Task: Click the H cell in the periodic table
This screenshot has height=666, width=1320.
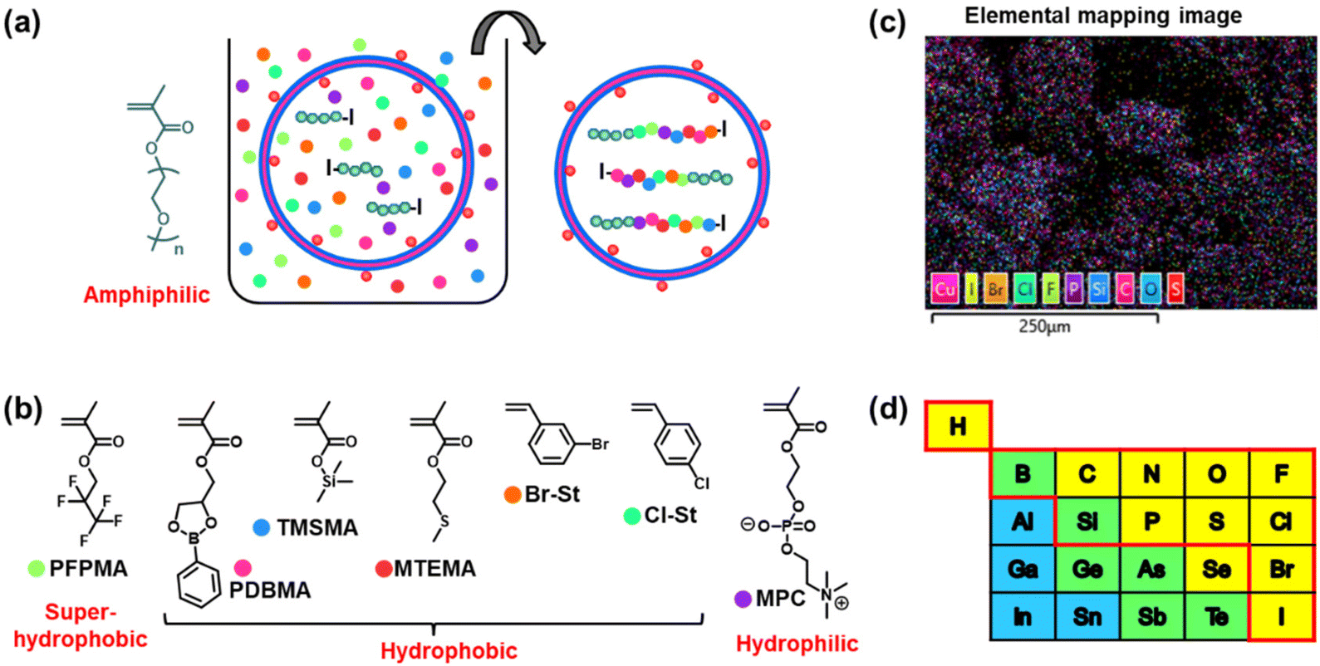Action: tap(958, 427)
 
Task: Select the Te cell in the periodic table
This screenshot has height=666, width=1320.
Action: tap(1216, 617)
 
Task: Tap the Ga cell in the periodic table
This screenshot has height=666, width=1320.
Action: tap(1023, 570)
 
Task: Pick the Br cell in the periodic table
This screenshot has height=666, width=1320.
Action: tap(1281, 570)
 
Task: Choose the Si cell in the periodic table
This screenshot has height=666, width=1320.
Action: tap(1087, 522)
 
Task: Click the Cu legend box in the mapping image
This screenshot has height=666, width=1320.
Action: tap(945, 288)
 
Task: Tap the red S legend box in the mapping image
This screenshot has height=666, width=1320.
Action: tap(1175, 288)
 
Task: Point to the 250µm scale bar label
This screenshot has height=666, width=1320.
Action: tap(1044, 327)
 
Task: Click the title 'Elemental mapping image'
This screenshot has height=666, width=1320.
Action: tap(1103, 15)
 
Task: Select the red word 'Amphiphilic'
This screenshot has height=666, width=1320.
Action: tap(146, 295)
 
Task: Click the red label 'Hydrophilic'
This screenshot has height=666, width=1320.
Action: tap(797, 644)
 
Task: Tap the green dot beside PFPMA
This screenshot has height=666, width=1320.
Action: tap(36, 569)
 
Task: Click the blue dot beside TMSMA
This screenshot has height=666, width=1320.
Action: tap(262, 526)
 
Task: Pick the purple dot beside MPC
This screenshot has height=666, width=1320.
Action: tap(743, 598)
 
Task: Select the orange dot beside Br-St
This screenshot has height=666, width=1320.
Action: tap(512, 494)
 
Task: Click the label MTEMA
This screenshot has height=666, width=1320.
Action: tap(434, 569)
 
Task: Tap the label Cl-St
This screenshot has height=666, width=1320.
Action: tap(671, 516)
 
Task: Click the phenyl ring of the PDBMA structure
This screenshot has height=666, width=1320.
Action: tap(198, 585)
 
